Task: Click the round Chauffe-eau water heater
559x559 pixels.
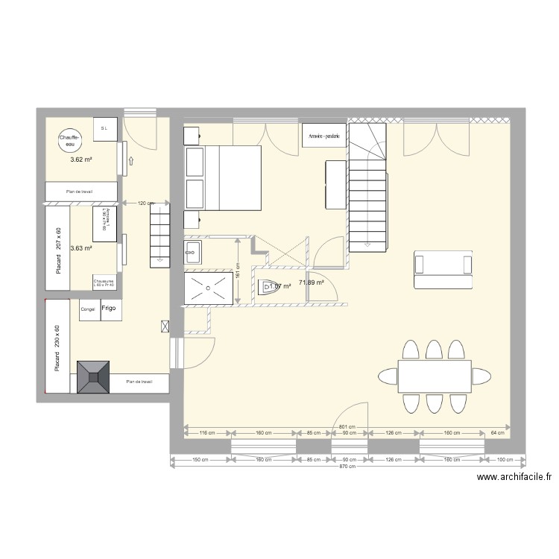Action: pos(69,139)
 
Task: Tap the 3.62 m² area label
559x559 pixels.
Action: pos(80,160)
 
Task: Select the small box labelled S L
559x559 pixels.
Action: pos(104,129)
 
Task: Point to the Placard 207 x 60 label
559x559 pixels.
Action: pos(59,248)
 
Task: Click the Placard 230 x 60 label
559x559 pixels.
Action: pos(57,347)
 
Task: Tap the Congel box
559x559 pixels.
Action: pos(88,309)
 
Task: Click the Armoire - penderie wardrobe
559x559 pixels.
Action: pos(324,136)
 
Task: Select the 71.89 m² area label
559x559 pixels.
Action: pos(311,282)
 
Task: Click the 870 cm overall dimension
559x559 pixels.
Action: pos(347,467)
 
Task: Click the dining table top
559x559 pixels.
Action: pos(435,375)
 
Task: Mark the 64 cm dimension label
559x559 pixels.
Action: pos(499,432)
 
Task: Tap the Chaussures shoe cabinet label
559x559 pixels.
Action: pos(104,282)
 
